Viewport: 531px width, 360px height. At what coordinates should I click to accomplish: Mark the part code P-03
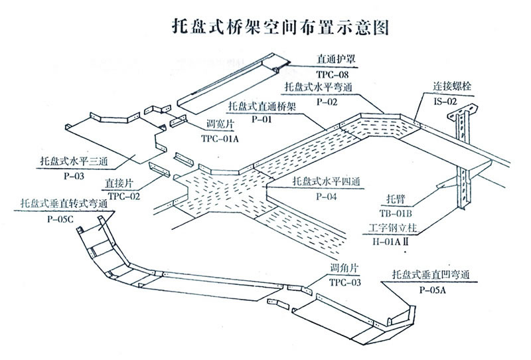click(74, 177)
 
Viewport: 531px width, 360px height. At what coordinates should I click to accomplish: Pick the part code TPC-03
click(345, 282)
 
